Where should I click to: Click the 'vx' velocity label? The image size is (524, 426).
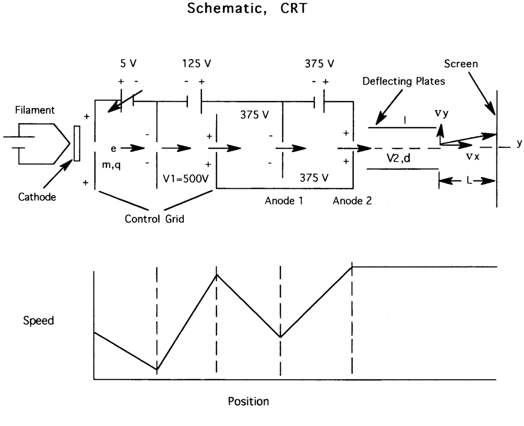(x=473, y=156)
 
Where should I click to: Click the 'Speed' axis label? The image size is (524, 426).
(x=39, y=320)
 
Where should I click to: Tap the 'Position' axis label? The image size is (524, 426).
(x=248, y=401)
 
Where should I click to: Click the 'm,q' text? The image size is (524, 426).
(x=113, y=165)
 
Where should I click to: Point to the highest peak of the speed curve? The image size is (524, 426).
(x=353, y=266)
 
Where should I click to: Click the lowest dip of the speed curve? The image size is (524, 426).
(x=157, y=369)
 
